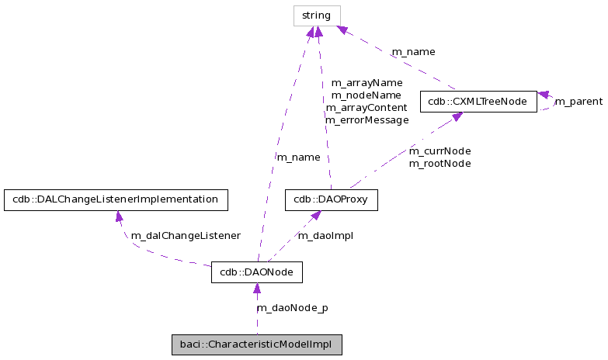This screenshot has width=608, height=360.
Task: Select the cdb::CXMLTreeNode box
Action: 478,102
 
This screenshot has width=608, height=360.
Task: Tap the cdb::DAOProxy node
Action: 331,200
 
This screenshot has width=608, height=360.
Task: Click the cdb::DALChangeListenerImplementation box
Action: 116,200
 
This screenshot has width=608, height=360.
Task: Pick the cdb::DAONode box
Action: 256,273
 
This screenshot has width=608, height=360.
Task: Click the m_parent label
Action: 578,102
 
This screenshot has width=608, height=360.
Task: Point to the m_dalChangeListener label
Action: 185,236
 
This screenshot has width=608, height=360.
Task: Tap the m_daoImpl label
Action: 325,236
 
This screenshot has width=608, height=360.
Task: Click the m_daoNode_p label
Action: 292,308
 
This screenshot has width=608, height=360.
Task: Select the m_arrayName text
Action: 367,82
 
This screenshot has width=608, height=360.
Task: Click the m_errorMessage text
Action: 367,120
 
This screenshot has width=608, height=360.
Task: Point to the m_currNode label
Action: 439,151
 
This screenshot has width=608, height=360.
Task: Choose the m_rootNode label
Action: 439,163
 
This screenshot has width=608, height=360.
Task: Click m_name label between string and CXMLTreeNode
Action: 413,52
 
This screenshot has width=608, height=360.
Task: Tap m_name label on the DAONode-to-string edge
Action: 298,157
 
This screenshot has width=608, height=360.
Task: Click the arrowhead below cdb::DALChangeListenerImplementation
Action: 118,216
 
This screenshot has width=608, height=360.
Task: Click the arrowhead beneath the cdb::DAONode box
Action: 256,289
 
